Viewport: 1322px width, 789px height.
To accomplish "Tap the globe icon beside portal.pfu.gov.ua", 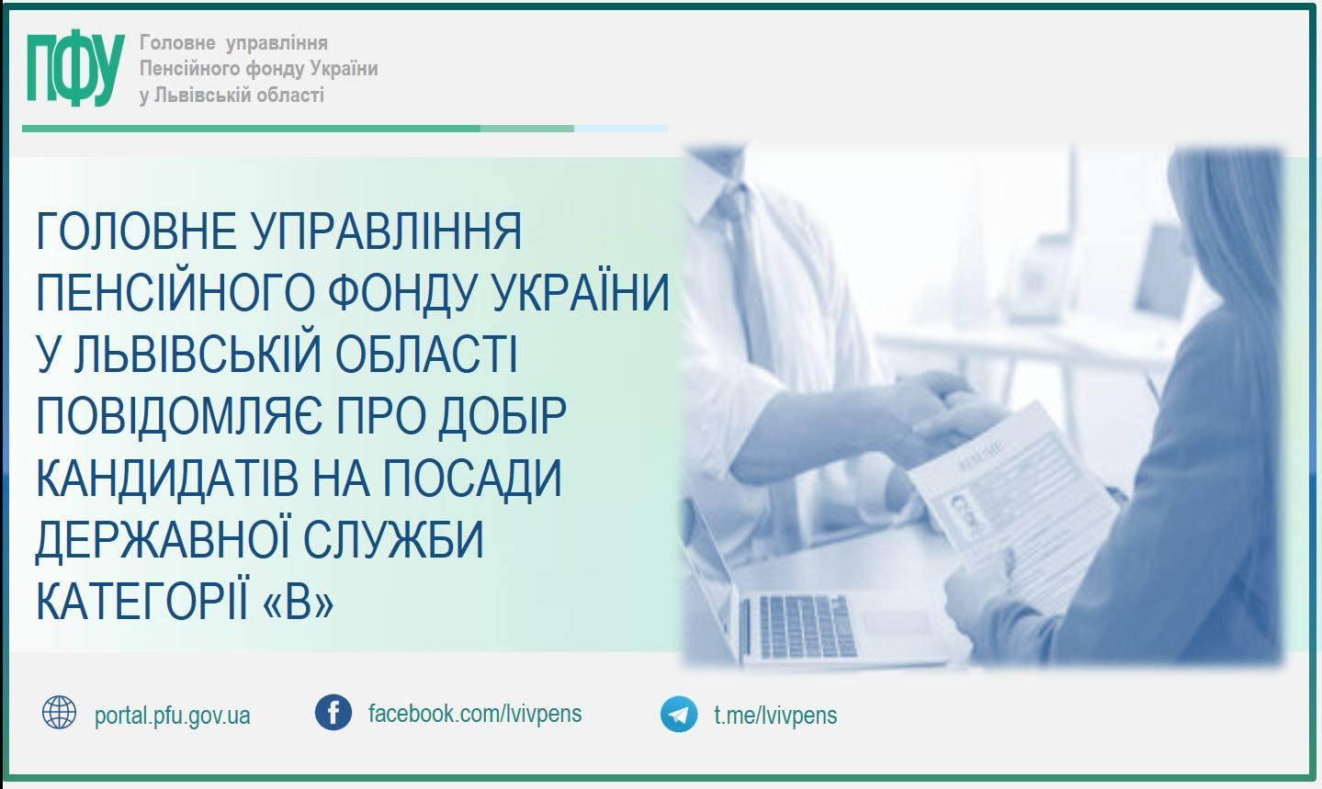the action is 59,712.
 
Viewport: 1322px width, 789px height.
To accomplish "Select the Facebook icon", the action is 333,712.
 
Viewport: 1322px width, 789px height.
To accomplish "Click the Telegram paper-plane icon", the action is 679,714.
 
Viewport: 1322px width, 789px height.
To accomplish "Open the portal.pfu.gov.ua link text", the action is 173,716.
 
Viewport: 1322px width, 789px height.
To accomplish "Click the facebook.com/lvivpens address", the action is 475,714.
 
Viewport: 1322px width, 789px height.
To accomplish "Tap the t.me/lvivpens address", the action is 775,715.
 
